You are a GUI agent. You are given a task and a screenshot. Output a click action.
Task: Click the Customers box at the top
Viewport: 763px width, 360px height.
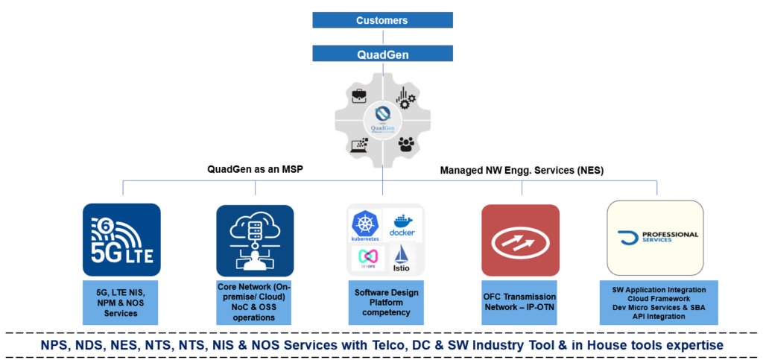(382, 20)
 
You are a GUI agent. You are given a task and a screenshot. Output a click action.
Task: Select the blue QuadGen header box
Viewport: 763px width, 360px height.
(382, 54)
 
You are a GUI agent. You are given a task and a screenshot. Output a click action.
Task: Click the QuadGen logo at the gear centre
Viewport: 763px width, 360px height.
(381, 119)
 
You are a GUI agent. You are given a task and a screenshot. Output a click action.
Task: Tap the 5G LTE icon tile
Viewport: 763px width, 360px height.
(121, 240)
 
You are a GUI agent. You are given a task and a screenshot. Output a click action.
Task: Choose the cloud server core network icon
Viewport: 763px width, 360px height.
(255, 240)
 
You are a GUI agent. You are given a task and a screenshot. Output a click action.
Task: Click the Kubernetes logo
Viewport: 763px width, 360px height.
(364, 226)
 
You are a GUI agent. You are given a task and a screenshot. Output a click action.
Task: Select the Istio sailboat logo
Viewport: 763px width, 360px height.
(402, 257)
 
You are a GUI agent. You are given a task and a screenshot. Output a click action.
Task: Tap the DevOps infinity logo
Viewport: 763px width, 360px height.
(365, 258)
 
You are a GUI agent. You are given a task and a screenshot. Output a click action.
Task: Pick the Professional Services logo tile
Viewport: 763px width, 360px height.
(655, 238)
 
